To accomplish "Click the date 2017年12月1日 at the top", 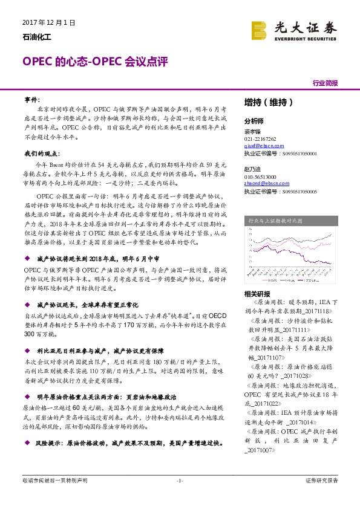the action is click(x=48, y=22).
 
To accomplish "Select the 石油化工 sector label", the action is click(x=34, y=37).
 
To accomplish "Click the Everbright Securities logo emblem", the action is click(x=259, y=30).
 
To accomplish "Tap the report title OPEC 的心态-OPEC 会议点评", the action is click(x=94, y=62).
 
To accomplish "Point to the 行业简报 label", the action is click(x=326, y=83).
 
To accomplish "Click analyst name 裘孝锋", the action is click(x=252, y=131).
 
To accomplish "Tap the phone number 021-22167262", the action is click(x=260, y=138).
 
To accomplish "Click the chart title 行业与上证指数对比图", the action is click(x=288, y=221).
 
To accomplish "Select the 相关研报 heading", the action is click(x=256, y=294).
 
